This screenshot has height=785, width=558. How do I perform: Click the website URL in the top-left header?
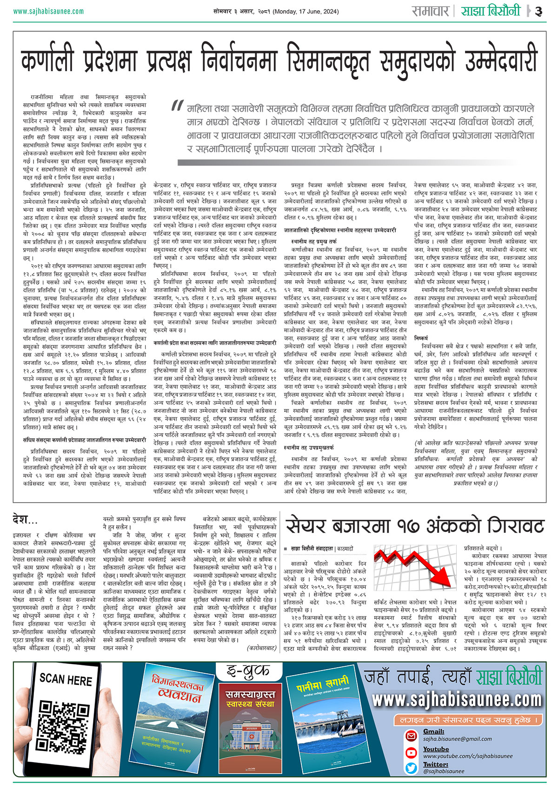[48, 12]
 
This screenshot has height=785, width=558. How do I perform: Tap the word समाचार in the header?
[431, 11]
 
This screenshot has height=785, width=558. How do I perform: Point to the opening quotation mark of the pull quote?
[177, 106]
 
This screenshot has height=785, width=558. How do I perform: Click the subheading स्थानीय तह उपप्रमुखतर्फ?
[309, 448]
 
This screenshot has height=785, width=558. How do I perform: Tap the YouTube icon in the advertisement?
[411, 752]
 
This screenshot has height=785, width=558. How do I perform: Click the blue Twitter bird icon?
[411, 768]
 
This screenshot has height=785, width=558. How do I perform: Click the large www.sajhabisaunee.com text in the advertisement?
[457, 699]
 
